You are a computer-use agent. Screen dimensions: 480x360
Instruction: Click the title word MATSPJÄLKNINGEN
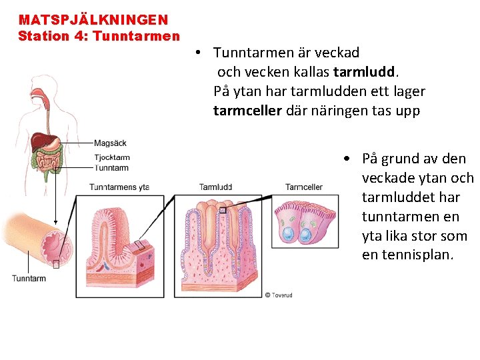[x=93, y=21]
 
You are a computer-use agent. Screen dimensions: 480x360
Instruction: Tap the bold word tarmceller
[x=247, y=111]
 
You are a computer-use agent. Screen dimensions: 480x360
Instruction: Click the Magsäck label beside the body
[x=110, y=143]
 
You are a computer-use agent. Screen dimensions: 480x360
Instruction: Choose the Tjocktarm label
[x=111, y=158]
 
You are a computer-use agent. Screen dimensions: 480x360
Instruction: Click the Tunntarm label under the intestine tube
[x=29, y=278]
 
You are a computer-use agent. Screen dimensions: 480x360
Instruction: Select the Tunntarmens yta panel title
[x=119, y=187]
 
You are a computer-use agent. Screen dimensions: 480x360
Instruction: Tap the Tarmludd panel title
[x=215, y=187]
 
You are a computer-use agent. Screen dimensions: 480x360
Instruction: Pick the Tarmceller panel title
[x=304, y=187]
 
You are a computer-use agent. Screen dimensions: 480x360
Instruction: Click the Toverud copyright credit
[x=278, y=295]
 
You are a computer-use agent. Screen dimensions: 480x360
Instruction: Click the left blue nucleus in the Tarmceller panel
[x=289, y=234]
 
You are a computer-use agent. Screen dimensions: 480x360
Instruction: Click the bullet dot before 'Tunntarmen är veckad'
[x=199, y=52]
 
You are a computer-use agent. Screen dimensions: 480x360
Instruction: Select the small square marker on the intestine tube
[x=56, y=263]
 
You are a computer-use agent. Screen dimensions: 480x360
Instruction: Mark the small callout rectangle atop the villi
[x=223, y=210]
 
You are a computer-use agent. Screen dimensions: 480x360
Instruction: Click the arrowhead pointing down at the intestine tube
[x=56, y=224]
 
